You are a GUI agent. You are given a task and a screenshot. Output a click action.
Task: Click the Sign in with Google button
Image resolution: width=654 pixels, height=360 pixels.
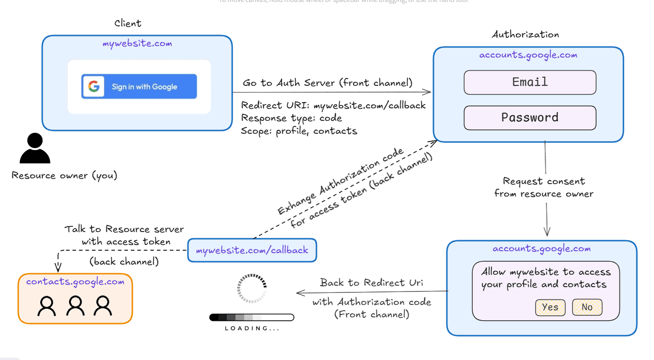click(x=139, y=87)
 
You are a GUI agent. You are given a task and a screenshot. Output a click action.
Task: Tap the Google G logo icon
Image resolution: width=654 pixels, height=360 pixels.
click(x=93, y=87)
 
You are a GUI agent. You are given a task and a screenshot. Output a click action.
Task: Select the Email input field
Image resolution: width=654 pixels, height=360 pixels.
click(x=530, y=82)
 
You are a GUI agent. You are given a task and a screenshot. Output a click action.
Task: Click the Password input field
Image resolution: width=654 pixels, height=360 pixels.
click(x=530, y=118)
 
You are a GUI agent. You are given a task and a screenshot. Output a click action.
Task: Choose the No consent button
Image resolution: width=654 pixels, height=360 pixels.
click(x=587, y=307)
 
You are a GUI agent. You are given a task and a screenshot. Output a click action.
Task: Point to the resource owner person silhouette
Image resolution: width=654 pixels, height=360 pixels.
click(x=35, y=149)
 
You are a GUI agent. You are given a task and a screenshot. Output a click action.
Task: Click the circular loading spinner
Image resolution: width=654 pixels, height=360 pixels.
click(x=252, y=289)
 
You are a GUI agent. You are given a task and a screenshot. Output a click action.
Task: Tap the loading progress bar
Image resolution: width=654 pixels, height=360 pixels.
click(x=252, y=317)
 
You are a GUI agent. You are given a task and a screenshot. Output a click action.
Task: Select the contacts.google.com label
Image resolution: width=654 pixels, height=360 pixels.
click(x=75, y=282)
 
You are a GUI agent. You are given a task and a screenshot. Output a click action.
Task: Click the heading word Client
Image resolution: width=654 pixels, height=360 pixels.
click(x=128, y=23)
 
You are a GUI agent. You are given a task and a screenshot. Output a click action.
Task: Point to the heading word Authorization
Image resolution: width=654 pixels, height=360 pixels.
click(x=525, y=35)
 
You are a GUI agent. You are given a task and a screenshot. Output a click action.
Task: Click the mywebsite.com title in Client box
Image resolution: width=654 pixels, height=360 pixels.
click(x=137, y=44)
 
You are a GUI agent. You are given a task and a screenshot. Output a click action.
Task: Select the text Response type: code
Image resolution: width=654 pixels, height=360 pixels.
click(x=292, y=118)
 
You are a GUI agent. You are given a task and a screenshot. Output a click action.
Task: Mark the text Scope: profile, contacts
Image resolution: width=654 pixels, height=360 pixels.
click(x=299, y=131)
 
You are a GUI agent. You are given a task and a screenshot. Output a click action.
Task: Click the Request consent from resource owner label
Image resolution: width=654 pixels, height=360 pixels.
click(x=544, y=187)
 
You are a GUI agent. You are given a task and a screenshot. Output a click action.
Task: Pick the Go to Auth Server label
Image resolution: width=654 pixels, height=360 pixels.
click(x=327, y=83)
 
